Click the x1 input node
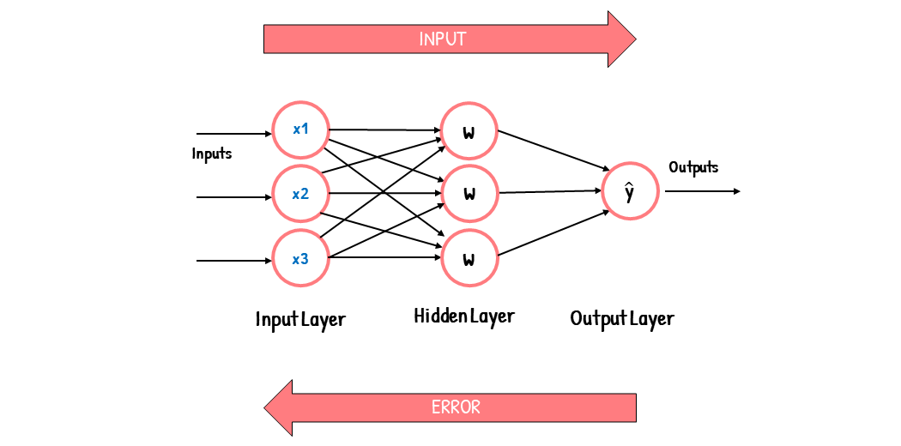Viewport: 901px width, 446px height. point(300,130)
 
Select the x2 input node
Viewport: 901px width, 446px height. point(300,194)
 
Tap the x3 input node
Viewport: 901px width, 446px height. point(300,258)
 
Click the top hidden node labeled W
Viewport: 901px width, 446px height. point(469,132)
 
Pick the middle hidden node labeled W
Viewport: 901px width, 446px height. point(469,193)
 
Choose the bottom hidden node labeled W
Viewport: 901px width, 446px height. point(469,258)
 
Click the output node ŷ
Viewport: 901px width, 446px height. point(630,192)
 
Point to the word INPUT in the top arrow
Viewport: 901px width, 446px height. point(442,39)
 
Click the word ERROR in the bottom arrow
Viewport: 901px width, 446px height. point(456,407)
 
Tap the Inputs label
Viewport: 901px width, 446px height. point(212,154)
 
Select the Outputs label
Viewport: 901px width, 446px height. point(693,167)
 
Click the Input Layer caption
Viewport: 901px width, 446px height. point(300,320)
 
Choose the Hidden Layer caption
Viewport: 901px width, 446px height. point(464,316)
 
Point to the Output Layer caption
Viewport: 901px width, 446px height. point(622,319)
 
